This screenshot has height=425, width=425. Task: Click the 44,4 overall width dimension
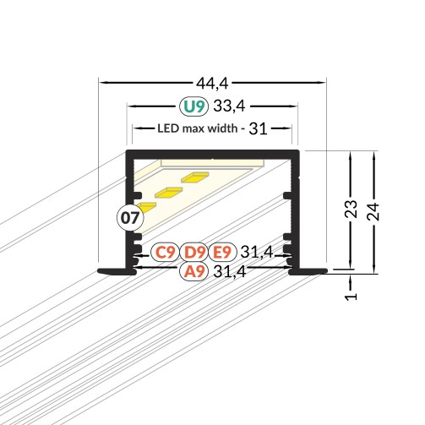[212, 83]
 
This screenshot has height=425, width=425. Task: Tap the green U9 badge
[193, 106]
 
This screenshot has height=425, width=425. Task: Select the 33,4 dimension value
[229, 106]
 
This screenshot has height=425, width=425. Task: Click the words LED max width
[197, 128]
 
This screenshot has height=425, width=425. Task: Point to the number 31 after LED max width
[258, 128]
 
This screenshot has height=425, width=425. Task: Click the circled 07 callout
[130, 218]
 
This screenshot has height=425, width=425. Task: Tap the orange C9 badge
[166, 252]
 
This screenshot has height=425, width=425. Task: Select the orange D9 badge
[194, 252]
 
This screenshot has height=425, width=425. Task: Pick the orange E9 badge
[222, 252]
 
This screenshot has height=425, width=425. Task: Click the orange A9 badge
[194, 271]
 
